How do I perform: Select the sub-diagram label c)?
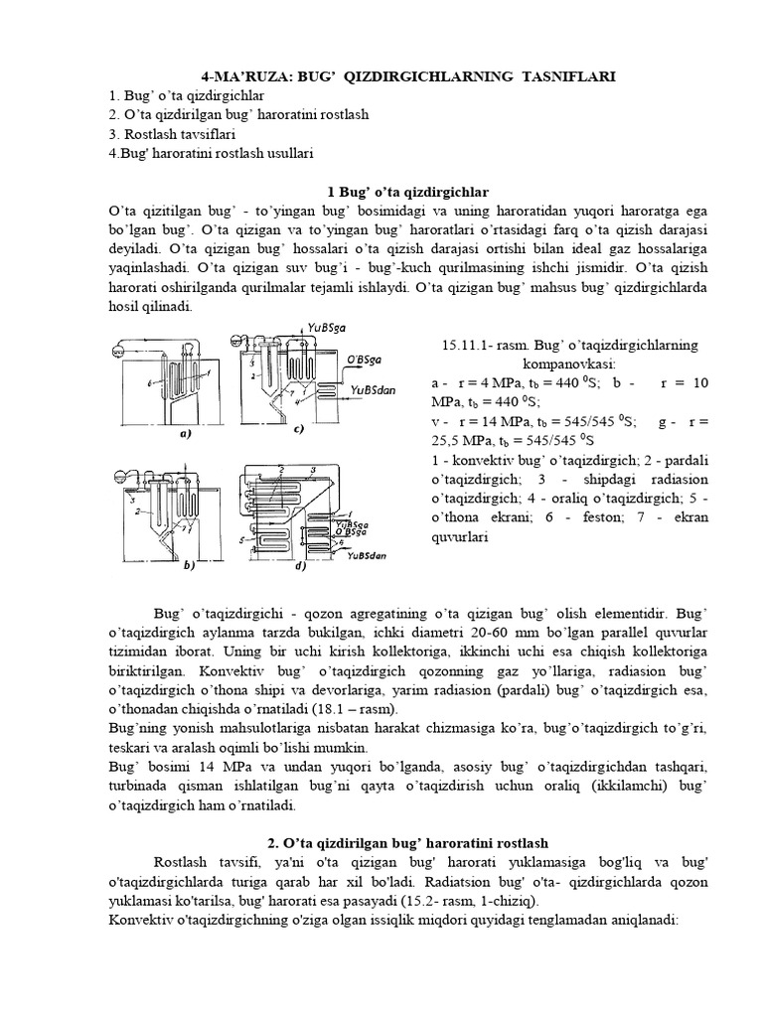297,429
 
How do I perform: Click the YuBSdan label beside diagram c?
373,390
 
